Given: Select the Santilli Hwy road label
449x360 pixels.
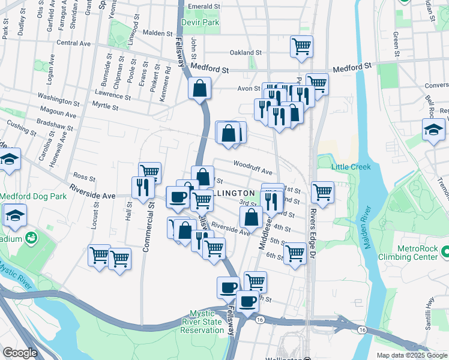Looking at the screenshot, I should [429, 314].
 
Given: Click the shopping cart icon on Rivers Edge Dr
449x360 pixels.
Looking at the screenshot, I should [322, 192].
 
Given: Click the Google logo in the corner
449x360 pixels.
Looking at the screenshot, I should [19, 353].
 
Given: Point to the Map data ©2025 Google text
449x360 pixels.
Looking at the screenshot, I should [411, 355].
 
